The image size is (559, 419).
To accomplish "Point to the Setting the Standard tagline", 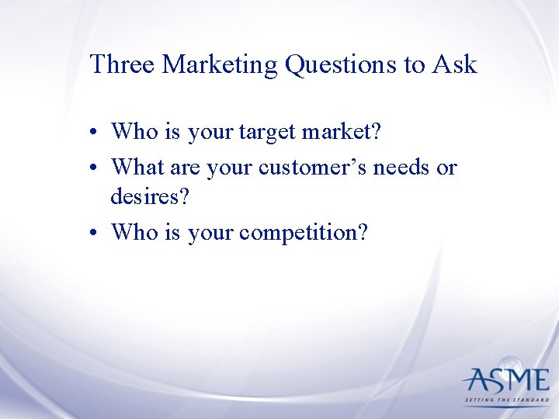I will click(x=506, y=401).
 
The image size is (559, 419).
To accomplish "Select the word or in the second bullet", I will click(x=447, y=167).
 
